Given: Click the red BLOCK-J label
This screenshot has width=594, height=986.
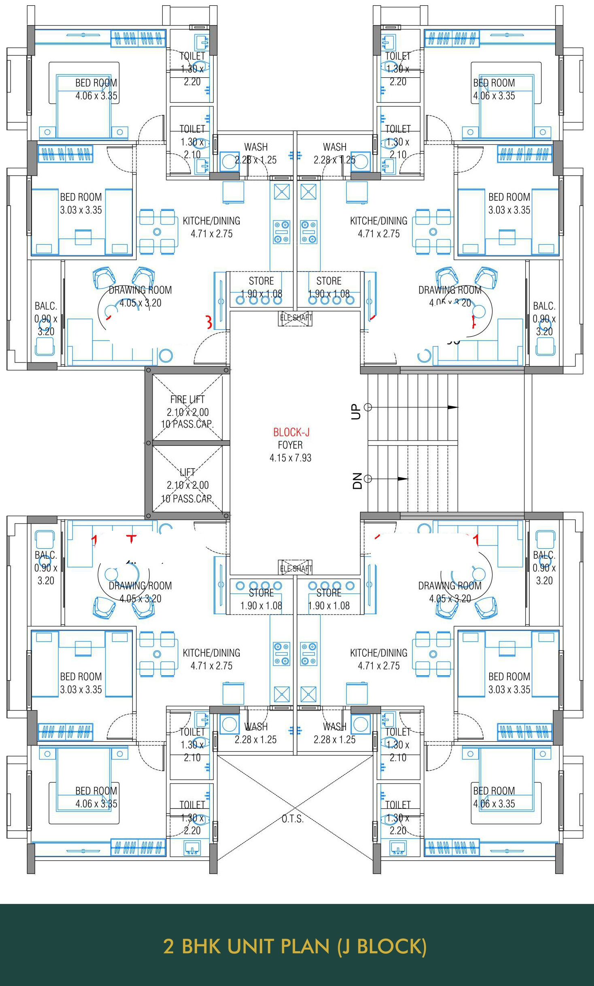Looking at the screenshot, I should [291, 432].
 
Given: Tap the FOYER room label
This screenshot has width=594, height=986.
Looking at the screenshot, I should [290, 445].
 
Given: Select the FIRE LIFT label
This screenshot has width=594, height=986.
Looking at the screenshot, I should [187, 399].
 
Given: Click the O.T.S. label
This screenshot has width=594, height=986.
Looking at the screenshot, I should [292, 818].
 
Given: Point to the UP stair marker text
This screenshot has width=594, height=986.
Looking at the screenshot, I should [356, 411].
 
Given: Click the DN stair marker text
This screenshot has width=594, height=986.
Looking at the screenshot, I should [357, 481].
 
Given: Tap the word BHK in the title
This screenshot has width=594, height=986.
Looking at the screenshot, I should [201, 946].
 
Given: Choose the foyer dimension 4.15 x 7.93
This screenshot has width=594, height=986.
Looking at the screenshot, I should [290, 458].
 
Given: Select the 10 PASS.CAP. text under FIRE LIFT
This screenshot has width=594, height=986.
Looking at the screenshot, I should [187, 424].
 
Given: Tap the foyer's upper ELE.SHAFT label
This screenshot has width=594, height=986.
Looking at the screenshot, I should [296, 318].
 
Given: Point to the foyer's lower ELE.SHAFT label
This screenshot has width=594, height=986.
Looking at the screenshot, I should [296, 568].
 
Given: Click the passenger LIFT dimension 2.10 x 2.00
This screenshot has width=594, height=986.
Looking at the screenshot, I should [188, 485].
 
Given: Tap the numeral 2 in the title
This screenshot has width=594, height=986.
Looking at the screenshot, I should [168, 946].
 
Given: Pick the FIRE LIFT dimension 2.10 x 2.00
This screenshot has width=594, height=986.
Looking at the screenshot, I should [188, 412].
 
